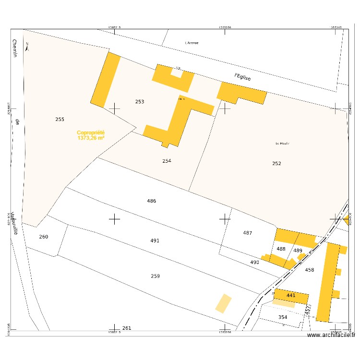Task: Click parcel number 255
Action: [x=60, y=119]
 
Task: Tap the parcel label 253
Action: [x=140, y=102]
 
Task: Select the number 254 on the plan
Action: [x=167, y=161]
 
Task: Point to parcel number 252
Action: [x=276, y=164]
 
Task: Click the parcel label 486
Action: [x=152, y=201]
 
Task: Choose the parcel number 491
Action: [x=155, y=240]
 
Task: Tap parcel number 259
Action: [x=155, y=276]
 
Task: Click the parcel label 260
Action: [x=44, y=237]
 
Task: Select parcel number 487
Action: [x=247, y=233]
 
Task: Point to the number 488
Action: [x=281, y=249]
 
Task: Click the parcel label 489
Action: [x=298, y=251]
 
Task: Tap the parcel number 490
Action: [x=254, y=262]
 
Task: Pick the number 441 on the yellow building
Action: [x=291, y=295]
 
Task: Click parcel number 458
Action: [x=310, y=270]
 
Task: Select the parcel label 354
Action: [x=283, y=317]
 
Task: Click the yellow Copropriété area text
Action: [x=91, y=135]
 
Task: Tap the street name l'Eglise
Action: [x=243, y=76]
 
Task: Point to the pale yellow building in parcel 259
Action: [x=223, y=303]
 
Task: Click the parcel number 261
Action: [x=126, y=328]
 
